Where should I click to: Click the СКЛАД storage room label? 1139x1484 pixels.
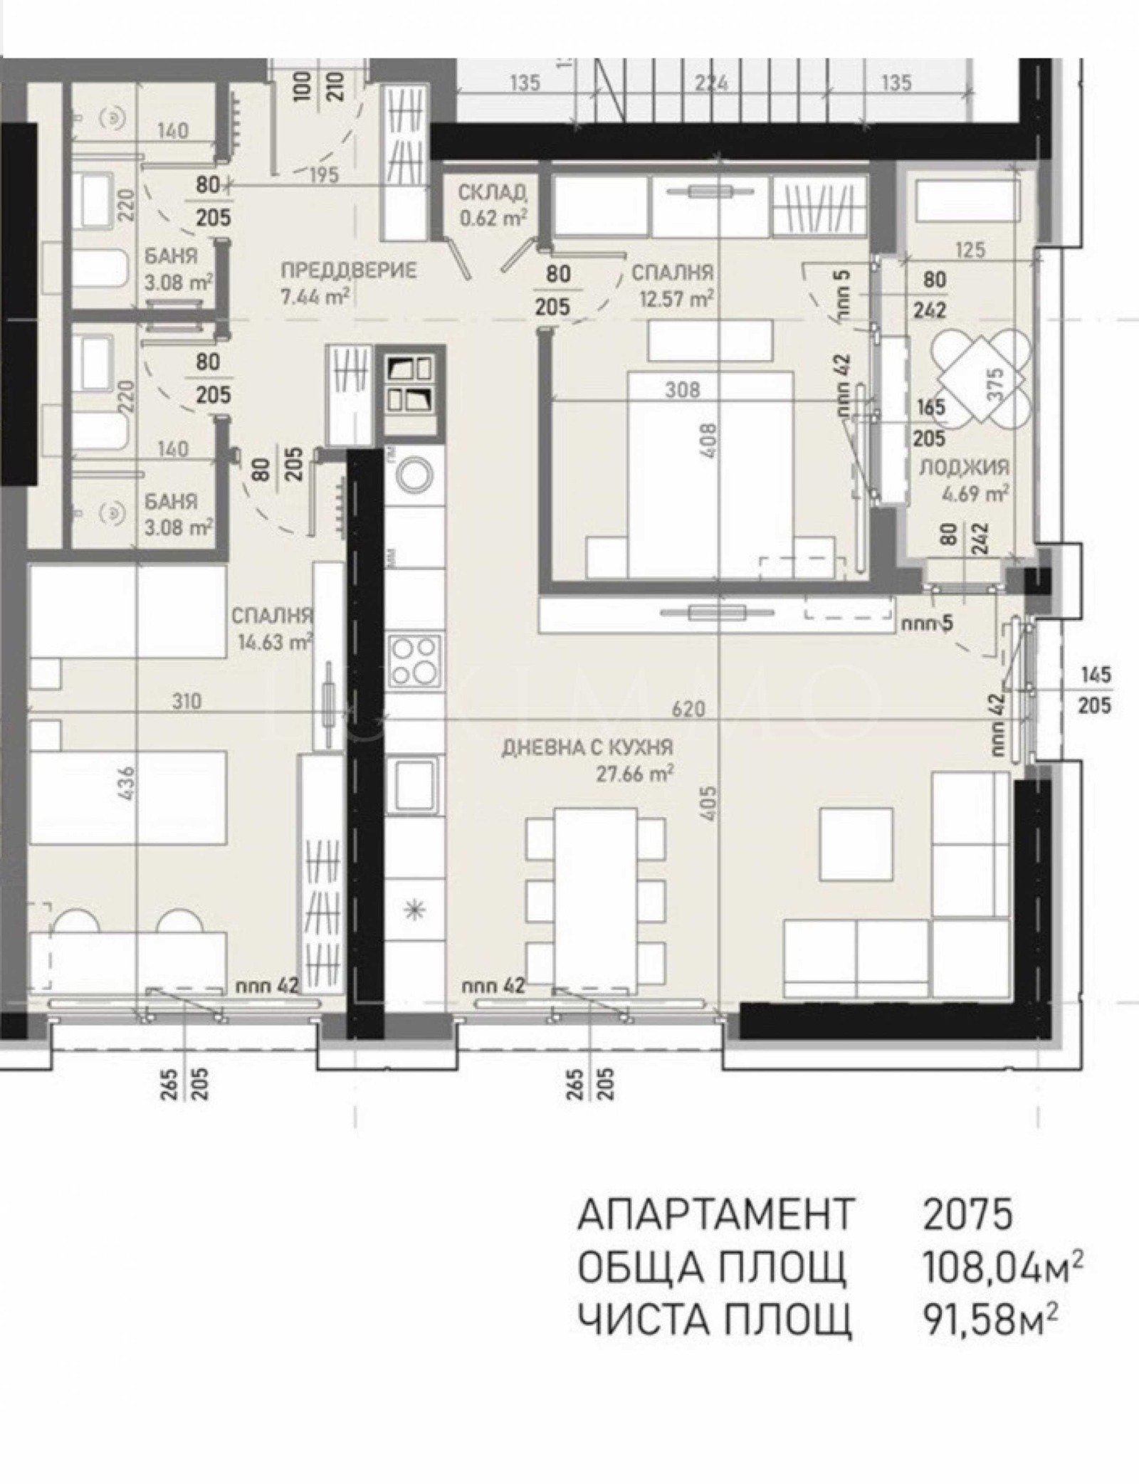coord(492,192)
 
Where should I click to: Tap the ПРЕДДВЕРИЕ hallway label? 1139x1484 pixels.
coord(348,270)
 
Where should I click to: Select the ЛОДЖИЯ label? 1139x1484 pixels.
coord(964,467)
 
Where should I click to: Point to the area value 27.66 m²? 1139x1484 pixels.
coord(634,774)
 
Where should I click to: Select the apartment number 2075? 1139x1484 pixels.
coord(967,1214)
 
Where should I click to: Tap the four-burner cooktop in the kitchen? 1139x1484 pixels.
coord(414,661)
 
